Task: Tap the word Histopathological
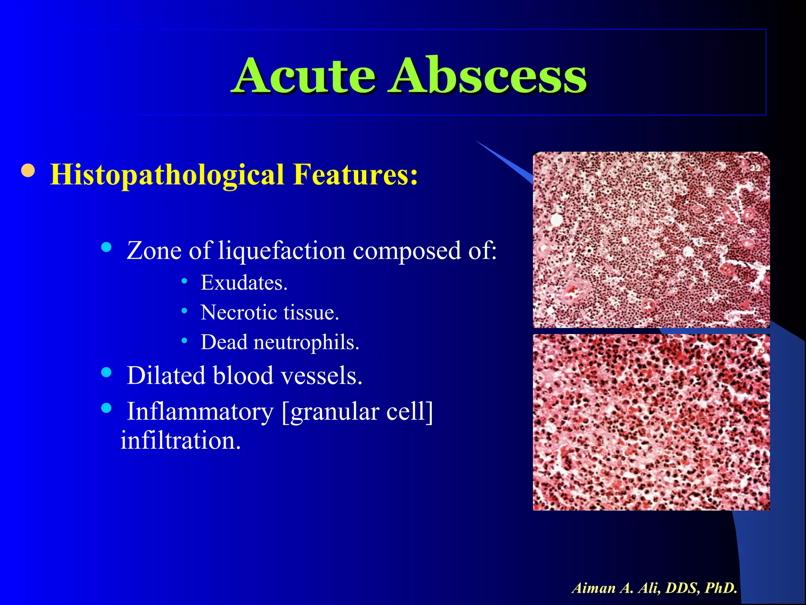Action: pos(167,175)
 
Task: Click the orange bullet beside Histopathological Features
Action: pos(28,171)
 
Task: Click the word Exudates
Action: pos(244,283)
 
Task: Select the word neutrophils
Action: pos(306,342)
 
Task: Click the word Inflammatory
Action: pos(200,412)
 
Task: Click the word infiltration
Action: pos(180,440)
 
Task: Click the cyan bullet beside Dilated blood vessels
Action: pos(106,372)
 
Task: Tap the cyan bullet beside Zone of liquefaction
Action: pos(106,247)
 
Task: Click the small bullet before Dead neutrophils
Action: pos(184,340)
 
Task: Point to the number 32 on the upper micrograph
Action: pos(755,168)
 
